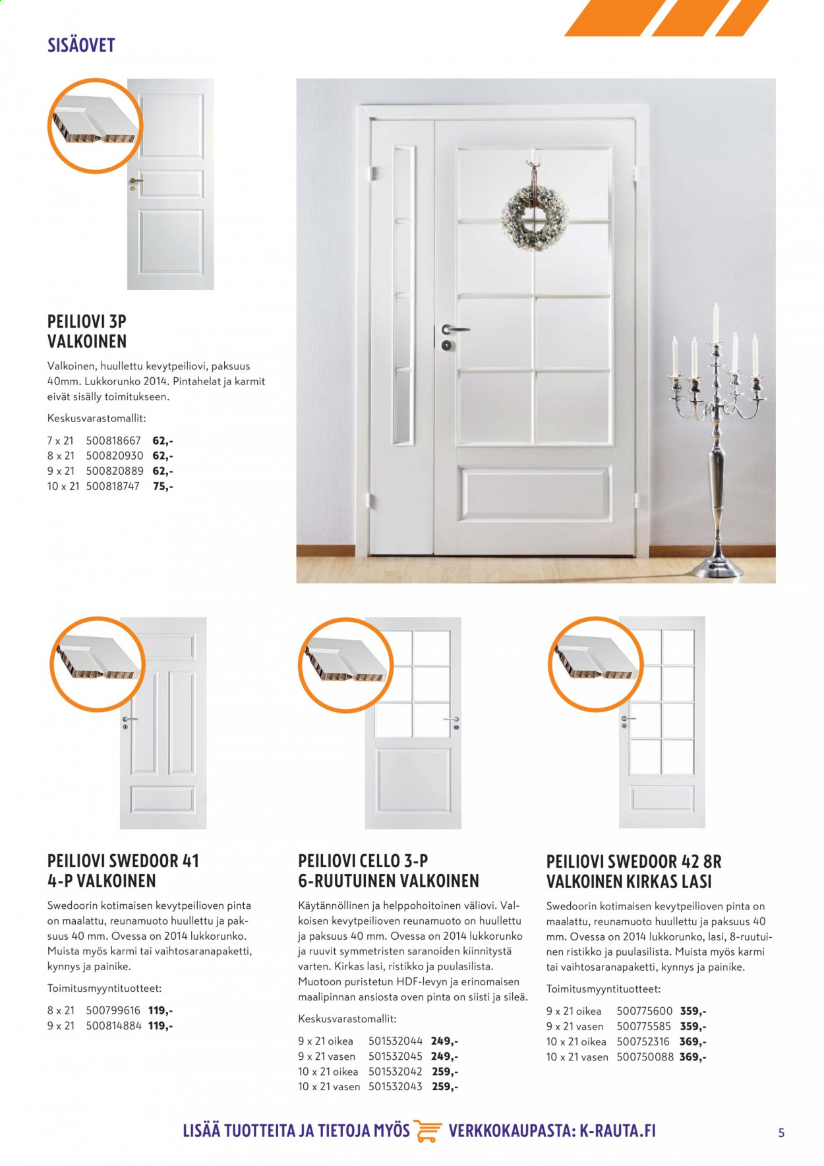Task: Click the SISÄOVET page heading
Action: pos(81,45)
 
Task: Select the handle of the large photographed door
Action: pos(455,329)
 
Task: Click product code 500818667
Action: pos(113,441)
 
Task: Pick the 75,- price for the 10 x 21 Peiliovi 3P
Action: pos(163,487)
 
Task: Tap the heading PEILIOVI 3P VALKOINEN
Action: pos(87,331)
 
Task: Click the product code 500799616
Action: pos(113,1010)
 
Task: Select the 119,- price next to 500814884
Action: pos(160,1026)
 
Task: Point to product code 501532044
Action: pos(396,1041)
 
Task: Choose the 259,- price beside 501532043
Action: pos(445,1087)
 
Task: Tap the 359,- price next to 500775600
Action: pos(693,1011)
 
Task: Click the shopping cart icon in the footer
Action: pos(429,1131)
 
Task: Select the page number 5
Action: pos(782,1133)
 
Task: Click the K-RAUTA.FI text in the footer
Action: pos(618,1131)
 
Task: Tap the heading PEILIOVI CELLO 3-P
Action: pos(363,861)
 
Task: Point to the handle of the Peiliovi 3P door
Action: pos(134,181)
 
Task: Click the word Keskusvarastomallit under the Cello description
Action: pos(347,1019)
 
